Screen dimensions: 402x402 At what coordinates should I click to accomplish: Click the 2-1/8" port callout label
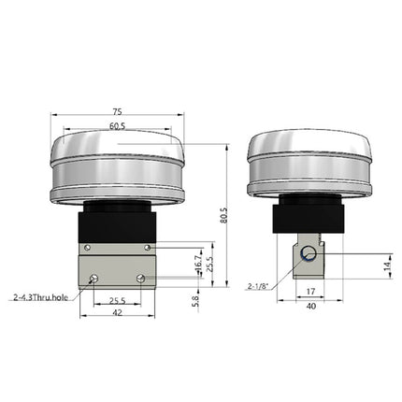pyautogui.click(x=259, y=286)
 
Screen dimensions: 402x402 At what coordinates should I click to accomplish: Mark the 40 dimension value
pyautogui.click(x=309, y=306)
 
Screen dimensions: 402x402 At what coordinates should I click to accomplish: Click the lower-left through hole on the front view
pyautogui.click(x=92, y=279)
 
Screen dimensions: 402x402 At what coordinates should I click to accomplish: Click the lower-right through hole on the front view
pyautogui.click(x=139, y=279)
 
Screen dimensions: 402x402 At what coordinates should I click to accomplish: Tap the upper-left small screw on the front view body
pyautogui.click(x=87, y=247)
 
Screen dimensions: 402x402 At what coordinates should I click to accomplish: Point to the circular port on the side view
pyautogui.click(x=307, y=252)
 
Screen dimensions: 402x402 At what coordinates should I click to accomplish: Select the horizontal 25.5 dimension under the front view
pyautogui.click(x=116, y=302)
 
